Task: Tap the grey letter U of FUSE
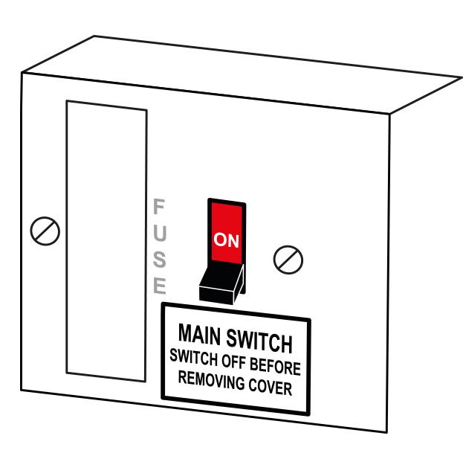(158, 232)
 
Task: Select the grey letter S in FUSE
(158, 259)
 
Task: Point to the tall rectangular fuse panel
(106, 239)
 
